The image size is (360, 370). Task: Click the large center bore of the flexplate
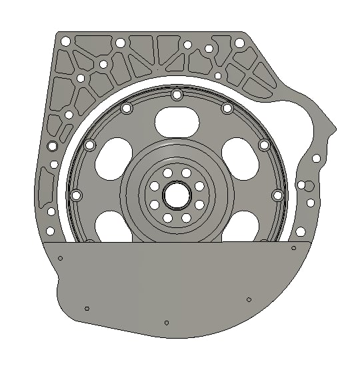177,194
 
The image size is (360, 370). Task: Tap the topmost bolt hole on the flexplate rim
176,95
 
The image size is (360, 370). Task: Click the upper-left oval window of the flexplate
113,155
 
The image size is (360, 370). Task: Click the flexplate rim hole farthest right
277,195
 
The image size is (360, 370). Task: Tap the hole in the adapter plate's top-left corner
65,41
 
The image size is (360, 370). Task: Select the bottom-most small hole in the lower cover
166,323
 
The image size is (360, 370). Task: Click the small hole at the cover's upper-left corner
60,258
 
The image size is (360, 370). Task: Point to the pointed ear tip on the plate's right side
333,125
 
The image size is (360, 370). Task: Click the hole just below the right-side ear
317,158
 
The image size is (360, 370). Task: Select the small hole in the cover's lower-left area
87,308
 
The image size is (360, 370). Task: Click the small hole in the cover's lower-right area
248,299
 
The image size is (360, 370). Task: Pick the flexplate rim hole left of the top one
126,108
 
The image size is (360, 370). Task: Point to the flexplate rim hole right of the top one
227,108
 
